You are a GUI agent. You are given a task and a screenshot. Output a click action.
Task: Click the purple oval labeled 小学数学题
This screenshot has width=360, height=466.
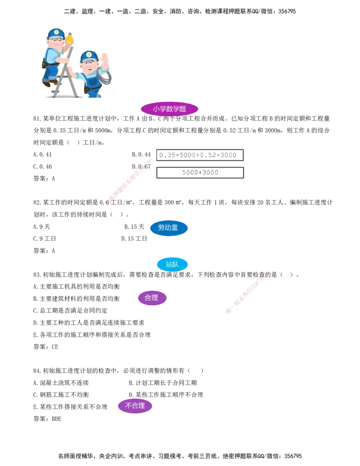169,109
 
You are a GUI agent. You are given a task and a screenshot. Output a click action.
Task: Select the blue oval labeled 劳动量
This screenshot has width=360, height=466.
168,228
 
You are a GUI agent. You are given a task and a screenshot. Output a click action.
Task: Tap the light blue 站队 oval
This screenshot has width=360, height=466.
172,264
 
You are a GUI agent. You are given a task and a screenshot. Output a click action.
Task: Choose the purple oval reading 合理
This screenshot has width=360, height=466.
152,298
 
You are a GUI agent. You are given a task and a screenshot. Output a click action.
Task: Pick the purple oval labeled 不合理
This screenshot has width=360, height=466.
135,406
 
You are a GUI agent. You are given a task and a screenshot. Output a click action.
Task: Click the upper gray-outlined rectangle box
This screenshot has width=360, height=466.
199,155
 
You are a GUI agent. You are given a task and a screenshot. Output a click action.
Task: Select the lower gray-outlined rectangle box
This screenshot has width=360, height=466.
199,173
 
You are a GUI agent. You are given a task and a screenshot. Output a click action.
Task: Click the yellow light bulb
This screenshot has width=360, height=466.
69,40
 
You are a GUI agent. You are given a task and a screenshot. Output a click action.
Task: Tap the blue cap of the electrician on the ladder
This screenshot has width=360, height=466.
56,33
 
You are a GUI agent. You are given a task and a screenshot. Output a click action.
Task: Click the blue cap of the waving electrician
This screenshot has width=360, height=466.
89,56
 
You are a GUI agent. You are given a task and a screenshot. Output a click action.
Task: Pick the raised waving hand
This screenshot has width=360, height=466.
105,60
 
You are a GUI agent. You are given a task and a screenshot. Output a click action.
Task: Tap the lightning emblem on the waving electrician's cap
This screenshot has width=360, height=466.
89,55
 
